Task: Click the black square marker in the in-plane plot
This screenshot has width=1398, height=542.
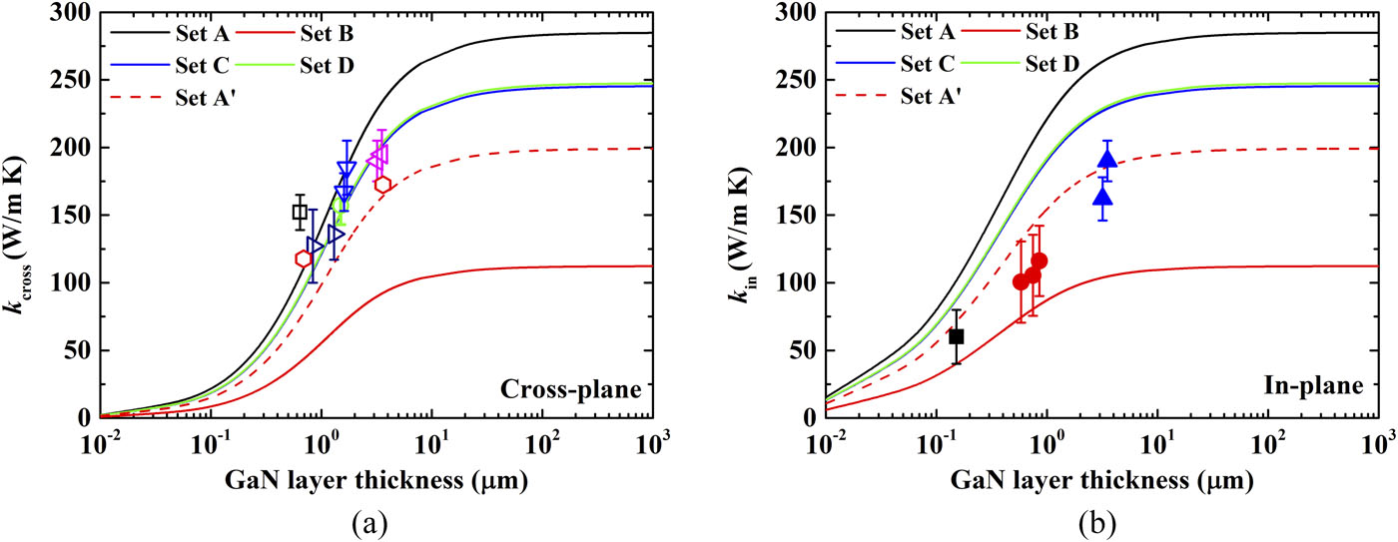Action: pos(956,336)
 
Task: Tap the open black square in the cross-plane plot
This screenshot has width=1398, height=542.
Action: pos(300,212)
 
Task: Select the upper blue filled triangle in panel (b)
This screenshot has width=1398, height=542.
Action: pos(1106,160)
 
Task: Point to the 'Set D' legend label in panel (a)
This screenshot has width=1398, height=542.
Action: pos(327,66)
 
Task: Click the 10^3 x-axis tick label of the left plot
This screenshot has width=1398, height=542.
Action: pos(653,440)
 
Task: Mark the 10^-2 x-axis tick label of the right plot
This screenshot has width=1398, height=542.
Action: pos(827,440)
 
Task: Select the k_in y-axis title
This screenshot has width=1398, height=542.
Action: pos(751,215)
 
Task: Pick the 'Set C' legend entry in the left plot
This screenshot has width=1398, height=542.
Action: pos(202,66)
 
